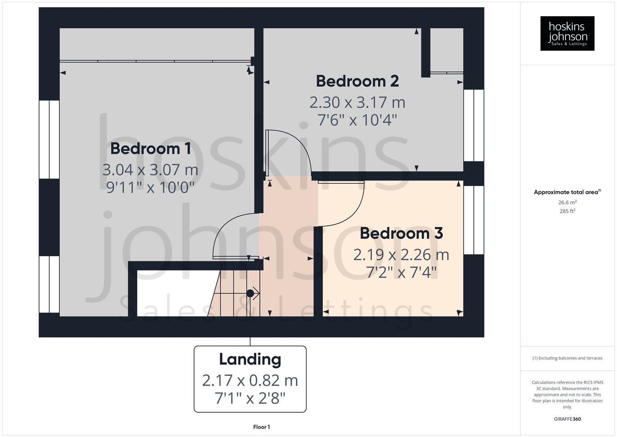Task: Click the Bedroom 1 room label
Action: click(x=150, y=148)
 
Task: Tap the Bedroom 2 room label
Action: click(x=357, y=81)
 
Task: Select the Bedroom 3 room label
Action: click(x=401, y=233)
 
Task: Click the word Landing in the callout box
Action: click(x=250, y=359)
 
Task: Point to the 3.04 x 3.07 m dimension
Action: click(x=150, y=170)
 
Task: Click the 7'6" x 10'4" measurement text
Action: click(x=357, y=120)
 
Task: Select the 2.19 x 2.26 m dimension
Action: click(x=401, y=255)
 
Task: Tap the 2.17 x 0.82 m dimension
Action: click(x=250, y=380)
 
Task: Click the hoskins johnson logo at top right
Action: click(x=567, y=33)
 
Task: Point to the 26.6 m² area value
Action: click(x=567, y=202)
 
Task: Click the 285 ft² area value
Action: click(x=567, y=211)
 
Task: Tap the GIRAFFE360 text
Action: click(x=567, y=419)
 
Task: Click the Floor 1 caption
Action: click(x=261, y=427)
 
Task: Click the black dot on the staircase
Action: click(x=250, y=293)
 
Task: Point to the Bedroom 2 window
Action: click(x=474, y=125)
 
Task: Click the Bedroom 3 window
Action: click(x=474, y=220)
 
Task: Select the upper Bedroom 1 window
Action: click(x=49, y=139)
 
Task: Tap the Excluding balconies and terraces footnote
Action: click(x=567, y=358)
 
